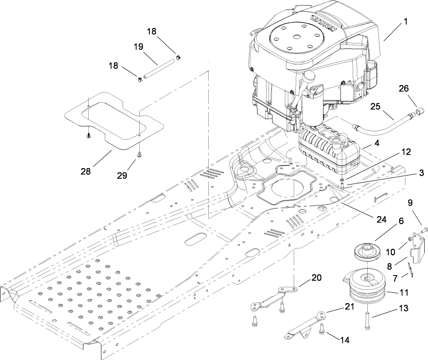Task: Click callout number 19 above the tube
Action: [x=138, y=47]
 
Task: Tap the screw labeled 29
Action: [x=138, y=155]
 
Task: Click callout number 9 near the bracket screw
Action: [x=410, y=203]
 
